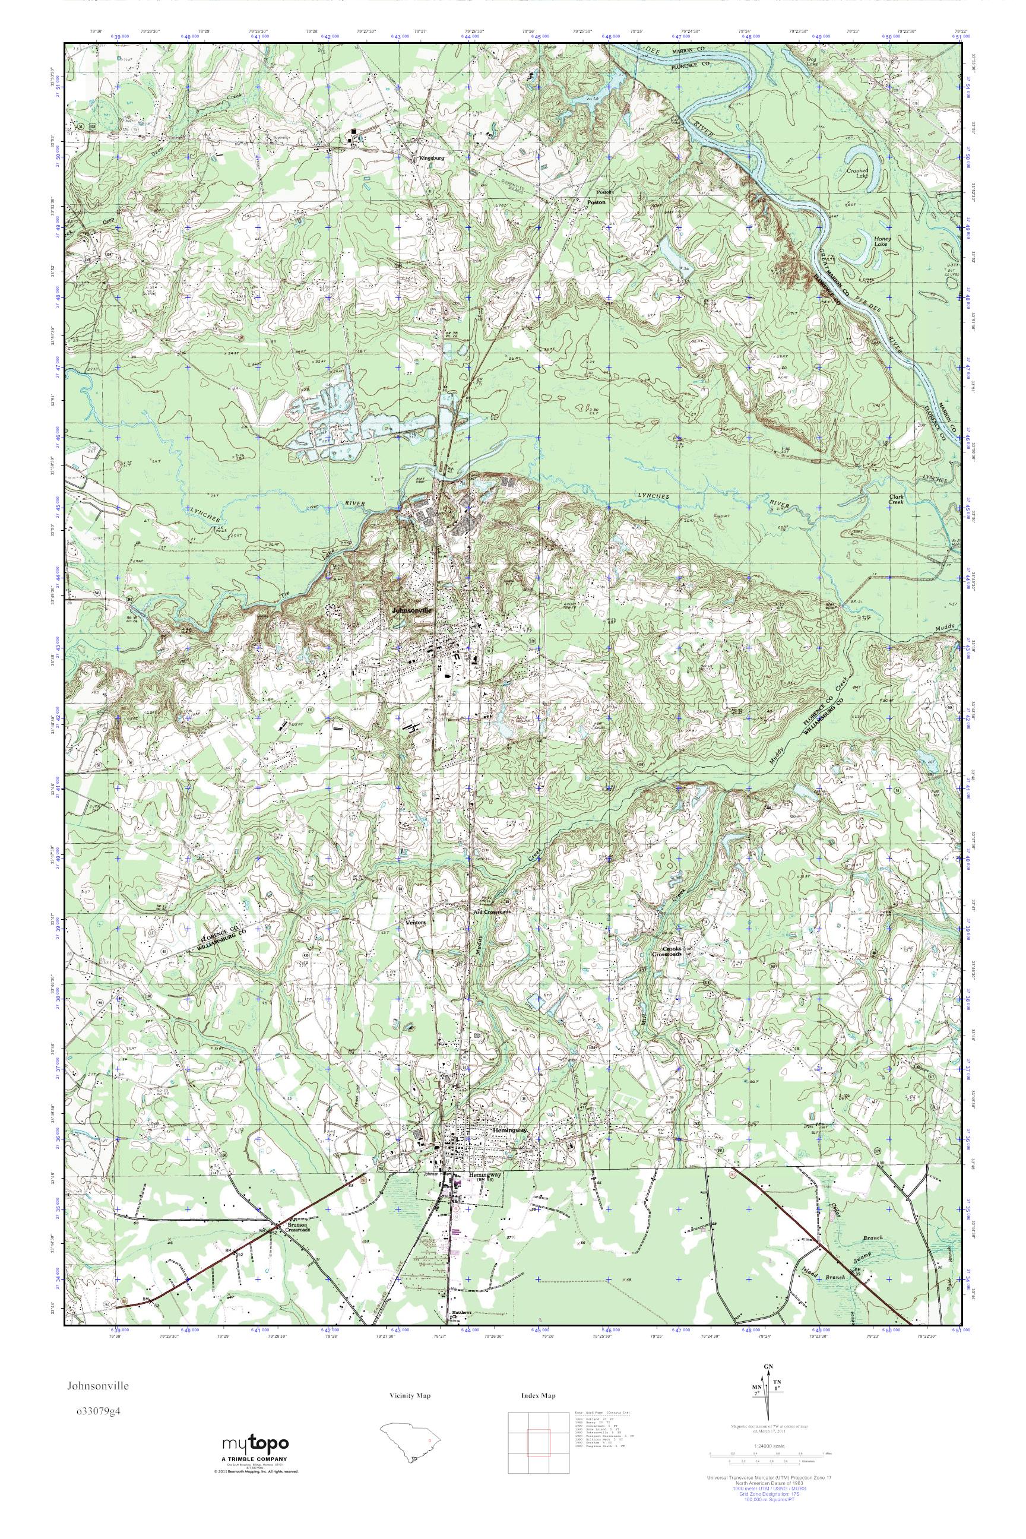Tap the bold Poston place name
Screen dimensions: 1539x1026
[x=596, y=202]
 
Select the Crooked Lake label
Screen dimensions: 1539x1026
[x=857, y=173]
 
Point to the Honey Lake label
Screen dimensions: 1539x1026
[x=882, y=242]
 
